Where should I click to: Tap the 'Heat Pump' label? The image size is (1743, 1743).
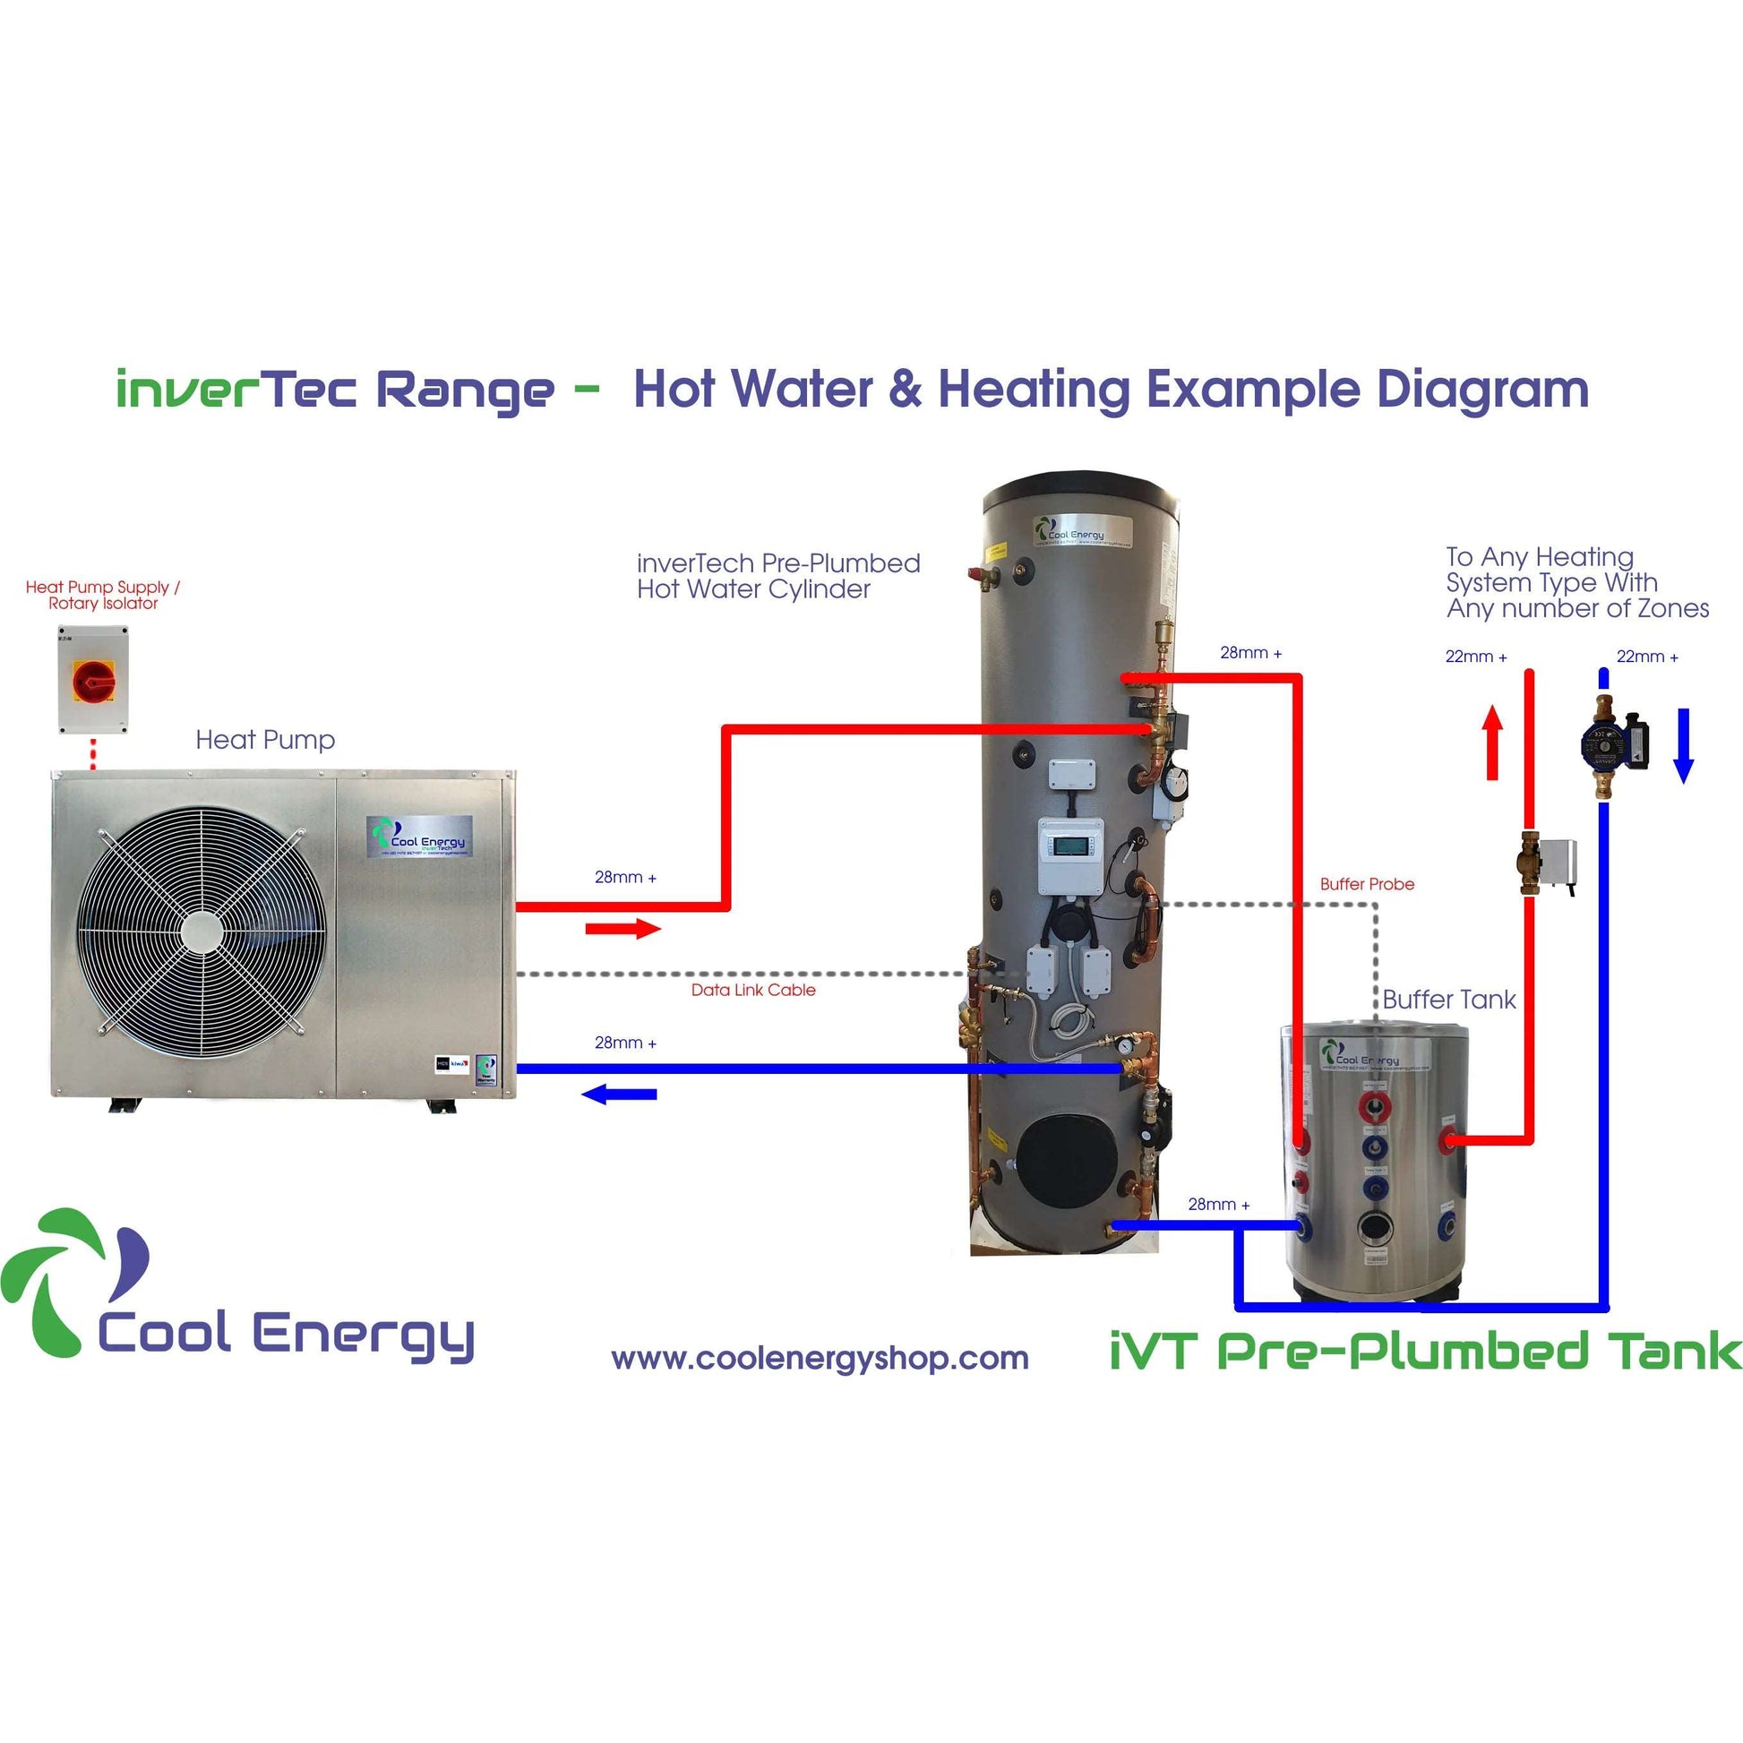pos(265,740)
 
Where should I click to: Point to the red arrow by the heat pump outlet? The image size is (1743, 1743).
pos(622,928)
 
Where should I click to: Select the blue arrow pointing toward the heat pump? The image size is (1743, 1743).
pos(619,1095)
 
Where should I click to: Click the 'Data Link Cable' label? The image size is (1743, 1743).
pos(753,990)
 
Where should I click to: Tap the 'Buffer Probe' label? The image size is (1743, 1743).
pos(1367,884)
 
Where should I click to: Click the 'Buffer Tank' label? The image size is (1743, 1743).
pos(1449,1000)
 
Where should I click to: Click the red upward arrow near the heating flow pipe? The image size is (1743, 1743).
pos(1492,742)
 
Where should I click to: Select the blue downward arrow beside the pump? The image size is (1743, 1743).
pos(1684,745)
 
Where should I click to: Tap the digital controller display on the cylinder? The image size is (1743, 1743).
pos(1071,846)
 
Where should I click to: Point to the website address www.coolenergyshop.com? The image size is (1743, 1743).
pos(820,1358)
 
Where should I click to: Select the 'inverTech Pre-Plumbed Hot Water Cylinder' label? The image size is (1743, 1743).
pos(777,576)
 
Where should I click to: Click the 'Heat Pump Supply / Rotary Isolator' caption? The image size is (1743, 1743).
pos(103,595)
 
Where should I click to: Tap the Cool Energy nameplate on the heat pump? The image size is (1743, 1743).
pos(418,837)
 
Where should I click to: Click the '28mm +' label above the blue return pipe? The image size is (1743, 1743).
pos(625,1043)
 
